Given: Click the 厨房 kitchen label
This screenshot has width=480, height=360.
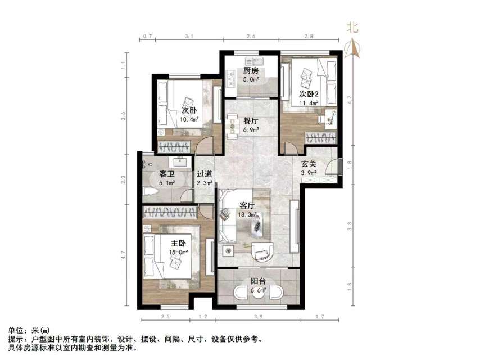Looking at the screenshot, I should pos(251,71).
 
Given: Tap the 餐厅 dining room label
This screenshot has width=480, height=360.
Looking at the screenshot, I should pos(251,120).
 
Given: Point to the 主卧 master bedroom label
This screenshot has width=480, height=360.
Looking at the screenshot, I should pos(178,243).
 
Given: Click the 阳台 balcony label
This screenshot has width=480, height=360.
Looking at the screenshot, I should pos(259,282).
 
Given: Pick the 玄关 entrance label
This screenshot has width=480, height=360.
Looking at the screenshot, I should pos(309,164).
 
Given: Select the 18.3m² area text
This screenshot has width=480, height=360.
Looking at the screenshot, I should pos(248,214).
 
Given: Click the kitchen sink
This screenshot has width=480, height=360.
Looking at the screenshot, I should pos(259,61).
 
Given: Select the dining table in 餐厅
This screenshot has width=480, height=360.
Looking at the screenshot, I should pos(232,127).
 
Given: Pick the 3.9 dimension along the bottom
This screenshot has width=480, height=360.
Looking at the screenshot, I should pos(258,318).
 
